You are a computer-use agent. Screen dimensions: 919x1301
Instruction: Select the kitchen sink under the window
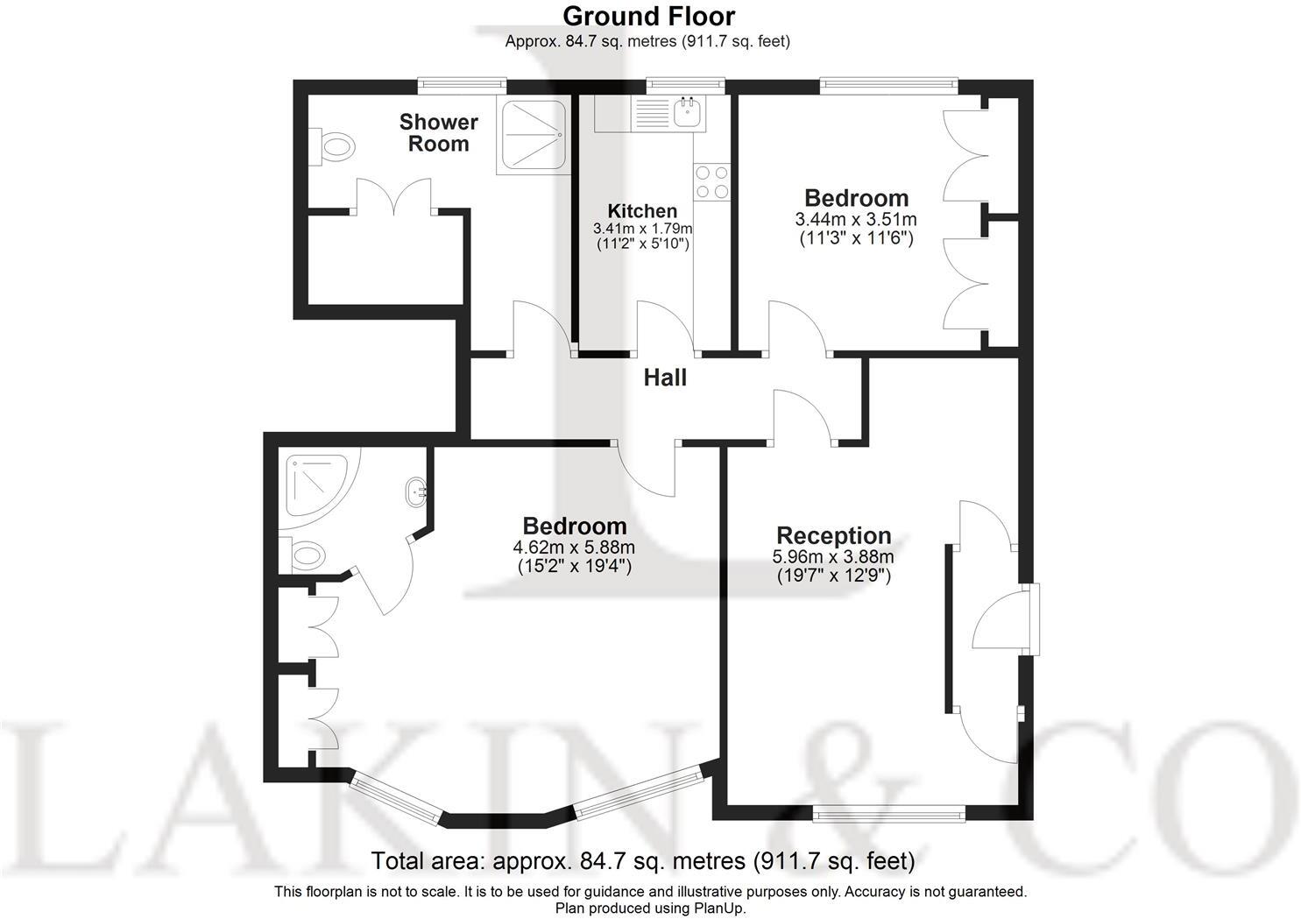(689, 111)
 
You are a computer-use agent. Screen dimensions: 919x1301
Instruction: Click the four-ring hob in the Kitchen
(711, 182)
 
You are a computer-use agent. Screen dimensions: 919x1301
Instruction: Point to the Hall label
(665, 378)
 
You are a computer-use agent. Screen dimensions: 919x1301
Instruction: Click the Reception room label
(833, 535)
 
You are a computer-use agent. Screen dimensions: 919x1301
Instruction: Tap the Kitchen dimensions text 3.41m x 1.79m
(642, 229)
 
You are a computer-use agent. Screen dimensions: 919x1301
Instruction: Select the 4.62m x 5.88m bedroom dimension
(574, 548)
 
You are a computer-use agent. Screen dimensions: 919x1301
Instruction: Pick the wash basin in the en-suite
(415, 492)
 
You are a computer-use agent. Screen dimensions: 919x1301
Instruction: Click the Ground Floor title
(648, 16)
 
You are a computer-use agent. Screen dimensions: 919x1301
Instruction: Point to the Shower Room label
(439, 133)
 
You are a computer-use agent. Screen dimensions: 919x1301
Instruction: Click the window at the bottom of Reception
(888, 816)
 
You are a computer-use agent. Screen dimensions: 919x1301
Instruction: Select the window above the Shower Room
(462, 85)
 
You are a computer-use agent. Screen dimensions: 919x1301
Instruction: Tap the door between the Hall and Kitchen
(666, 329)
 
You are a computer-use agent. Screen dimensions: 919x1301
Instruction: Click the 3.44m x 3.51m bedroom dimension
(856, 220)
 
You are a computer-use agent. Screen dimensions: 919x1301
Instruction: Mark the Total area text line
(643, 861)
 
